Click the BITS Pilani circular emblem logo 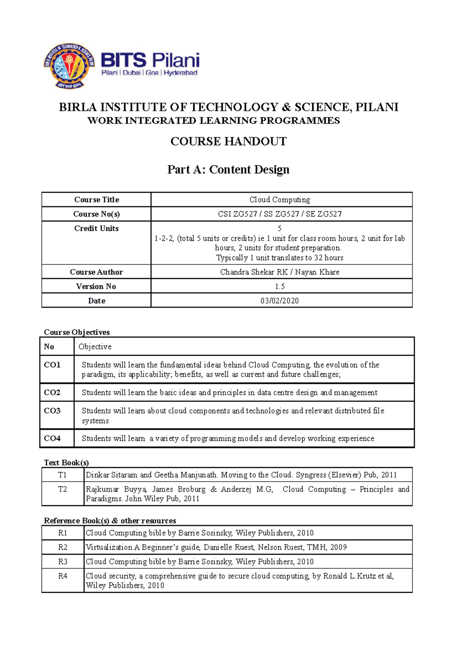(x=69, y=66)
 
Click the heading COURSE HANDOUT (x=228, y=142)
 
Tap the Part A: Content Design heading (x=228, y=169)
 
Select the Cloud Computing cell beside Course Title (x=280, y=200)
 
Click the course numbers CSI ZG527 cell (x=280, y=214)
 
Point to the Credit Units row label (x=96, y=229)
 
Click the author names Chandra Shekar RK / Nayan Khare (x=280, y=272)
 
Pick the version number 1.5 (x=280, y=286)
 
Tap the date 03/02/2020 (x=280, y=301)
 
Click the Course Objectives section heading (x=77, y=332)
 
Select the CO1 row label (x=52, y=365)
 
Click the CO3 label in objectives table (x=52, y=411)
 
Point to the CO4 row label (x=52, y=438)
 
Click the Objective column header (x=95, y=347)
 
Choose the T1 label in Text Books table (x=62, y=475)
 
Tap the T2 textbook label (x=62, y=489)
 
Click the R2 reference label (x=63, y=547)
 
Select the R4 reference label (x=63, y=576)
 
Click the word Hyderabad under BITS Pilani (x=181, y=73)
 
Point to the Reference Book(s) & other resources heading (x=110, y=520)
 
